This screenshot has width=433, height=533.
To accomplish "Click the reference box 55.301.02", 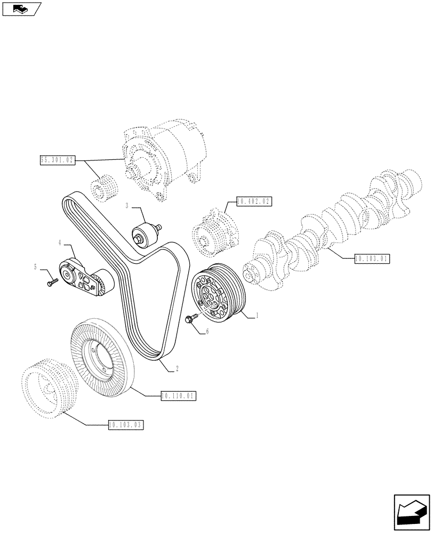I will coord(57,159).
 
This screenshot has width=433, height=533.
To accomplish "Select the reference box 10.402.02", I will coord(253,201).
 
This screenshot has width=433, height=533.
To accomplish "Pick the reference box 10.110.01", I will coord(179,395).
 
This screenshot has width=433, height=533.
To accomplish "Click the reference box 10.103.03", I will coord(126,425).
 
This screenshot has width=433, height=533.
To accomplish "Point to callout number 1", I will coord(257,316).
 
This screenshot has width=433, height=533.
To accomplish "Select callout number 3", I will coord(127,206).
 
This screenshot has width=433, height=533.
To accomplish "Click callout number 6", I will coord(207,331).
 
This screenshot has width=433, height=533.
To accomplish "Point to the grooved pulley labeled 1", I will coord(218,293).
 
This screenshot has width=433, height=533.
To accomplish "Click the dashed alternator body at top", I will coord(160,163).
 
